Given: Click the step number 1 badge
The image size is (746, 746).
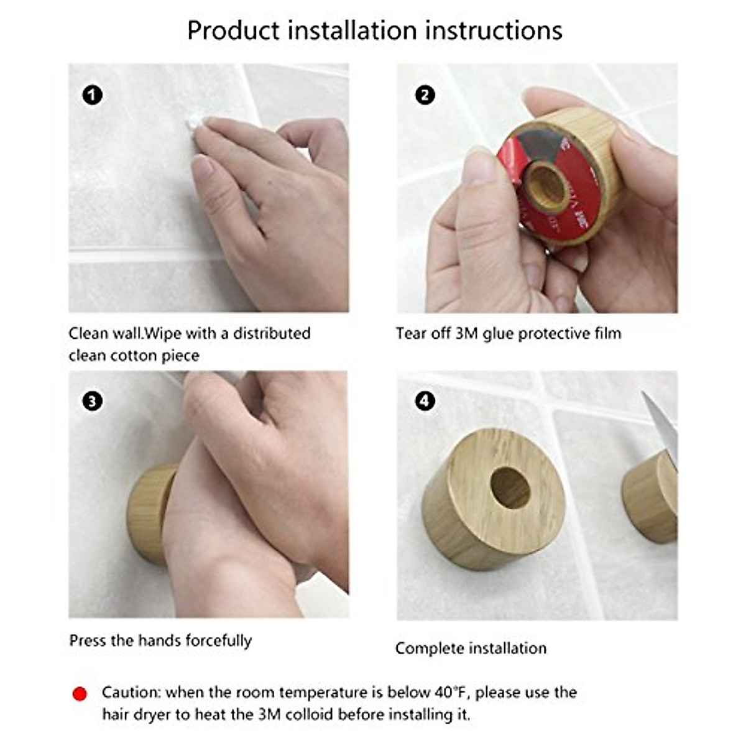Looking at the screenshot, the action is pos(92,95).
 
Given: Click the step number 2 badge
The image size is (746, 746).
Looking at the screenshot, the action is pos(425,95).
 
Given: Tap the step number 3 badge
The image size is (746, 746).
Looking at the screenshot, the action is pos(92,401).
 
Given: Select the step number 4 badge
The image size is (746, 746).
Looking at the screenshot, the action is pos(425,401).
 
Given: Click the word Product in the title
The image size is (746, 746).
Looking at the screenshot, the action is pos(233,30).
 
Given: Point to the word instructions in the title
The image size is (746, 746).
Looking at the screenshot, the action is pos(494,30).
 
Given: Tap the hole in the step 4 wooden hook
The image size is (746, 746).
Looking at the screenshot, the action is pos(510,487).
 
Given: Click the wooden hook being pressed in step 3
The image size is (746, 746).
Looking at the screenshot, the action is pos(151,513).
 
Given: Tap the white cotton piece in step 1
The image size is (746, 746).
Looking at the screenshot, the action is pos(192,125).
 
